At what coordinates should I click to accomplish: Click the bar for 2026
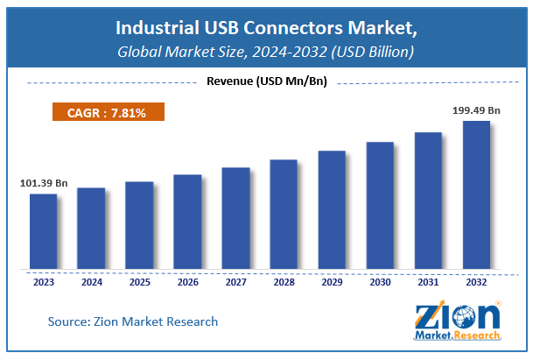pos(187,221)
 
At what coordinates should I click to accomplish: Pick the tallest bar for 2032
pos(476,194)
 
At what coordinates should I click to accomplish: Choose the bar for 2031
pos(428,200)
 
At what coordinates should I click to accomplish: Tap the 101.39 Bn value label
pos(43,183)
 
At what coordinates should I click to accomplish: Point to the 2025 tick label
pos(139,284)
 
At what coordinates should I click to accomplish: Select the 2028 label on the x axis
pos(284,284)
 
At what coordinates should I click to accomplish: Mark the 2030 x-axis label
pos(380,284)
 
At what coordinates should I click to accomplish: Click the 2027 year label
pos(235,284)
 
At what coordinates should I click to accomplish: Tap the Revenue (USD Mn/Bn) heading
pos(266,82)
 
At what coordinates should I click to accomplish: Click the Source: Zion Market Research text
pos(133,321)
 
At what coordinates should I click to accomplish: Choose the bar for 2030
pos(380,204)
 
